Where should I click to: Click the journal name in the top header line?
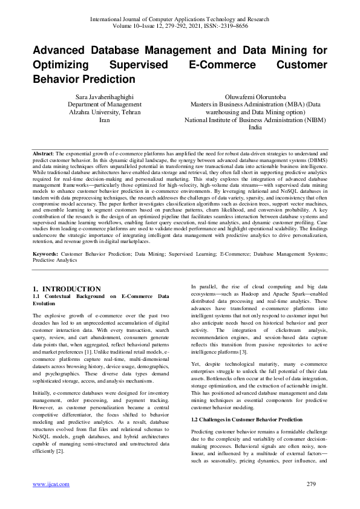click(180, 19)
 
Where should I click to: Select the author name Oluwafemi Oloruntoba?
click(257, 97)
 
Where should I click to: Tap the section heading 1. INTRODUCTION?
click(67, 289)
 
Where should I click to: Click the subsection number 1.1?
click(37, 297)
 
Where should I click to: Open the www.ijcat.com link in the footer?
click(50, 484)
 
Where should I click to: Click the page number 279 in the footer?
click(311, 484)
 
